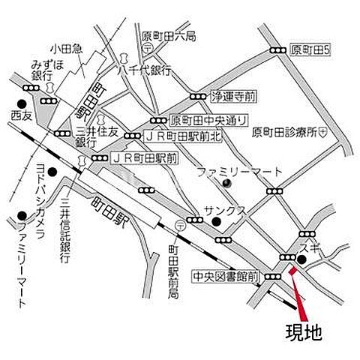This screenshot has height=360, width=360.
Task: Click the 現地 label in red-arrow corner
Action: [304, 332]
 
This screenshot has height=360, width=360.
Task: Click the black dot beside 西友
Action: [22, 104]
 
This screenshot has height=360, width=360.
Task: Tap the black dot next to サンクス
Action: [216, 222]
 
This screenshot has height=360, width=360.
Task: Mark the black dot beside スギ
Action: [300, 260]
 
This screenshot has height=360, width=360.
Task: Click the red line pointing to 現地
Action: [296, 297]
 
